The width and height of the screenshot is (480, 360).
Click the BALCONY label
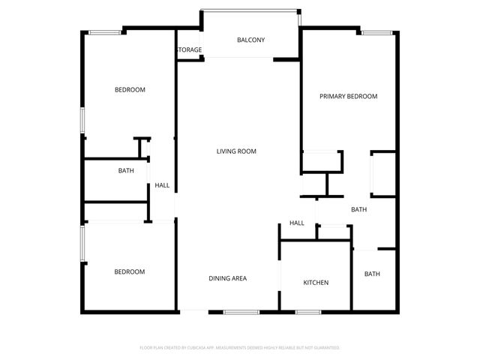250,40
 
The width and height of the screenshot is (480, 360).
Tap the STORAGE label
189,50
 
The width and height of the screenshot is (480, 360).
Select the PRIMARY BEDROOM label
348,96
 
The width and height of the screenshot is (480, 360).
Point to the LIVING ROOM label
236,151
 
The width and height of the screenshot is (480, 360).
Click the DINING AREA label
227,278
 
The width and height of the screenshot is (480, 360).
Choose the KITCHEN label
315,283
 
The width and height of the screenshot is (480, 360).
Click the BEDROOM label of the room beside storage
129,90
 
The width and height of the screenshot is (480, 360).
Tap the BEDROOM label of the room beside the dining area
129,271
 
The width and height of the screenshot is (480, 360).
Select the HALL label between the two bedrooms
162,185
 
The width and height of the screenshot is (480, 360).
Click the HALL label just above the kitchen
297,223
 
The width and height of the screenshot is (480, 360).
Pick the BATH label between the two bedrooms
126,170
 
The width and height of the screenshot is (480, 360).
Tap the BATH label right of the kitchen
372,274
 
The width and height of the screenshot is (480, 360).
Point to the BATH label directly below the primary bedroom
358,209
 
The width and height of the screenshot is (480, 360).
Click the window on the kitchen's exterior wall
307,311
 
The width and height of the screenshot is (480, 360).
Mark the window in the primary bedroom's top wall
376,32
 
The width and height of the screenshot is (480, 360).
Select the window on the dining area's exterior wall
241,311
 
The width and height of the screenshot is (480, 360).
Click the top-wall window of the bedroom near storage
105,32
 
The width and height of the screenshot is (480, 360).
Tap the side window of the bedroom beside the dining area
82,243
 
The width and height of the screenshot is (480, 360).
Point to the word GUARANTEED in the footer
325,348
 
